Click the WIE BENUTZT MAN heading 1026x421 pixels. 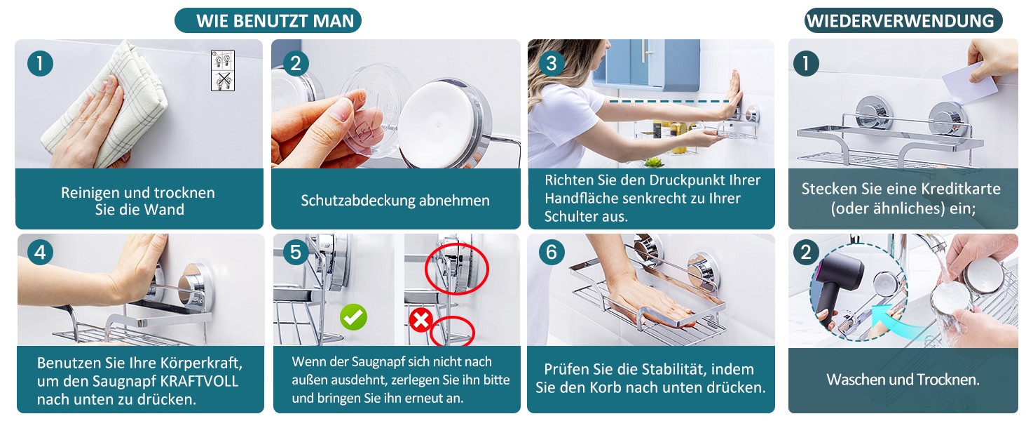point(275,21)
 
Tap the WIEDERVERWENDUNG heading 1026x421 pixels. point(901,21)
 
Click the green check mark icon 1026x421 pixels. point(353,317)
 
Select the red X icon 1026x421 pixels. point(421,320)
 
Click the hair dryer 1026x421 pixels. point(839,284)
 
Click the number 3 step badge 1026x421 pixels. point(552,63)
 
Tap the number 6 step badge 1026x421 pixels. point(552,252)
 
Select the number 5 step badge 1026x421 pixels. point(296,252)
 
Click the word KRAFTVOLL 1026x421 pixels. point(199,381)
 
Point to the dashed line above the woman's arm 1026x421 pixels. point(669,101)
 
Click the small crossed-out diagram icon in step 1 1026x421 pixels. point(223,81)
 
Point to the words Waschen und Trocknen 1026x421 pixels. point(903,380)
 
